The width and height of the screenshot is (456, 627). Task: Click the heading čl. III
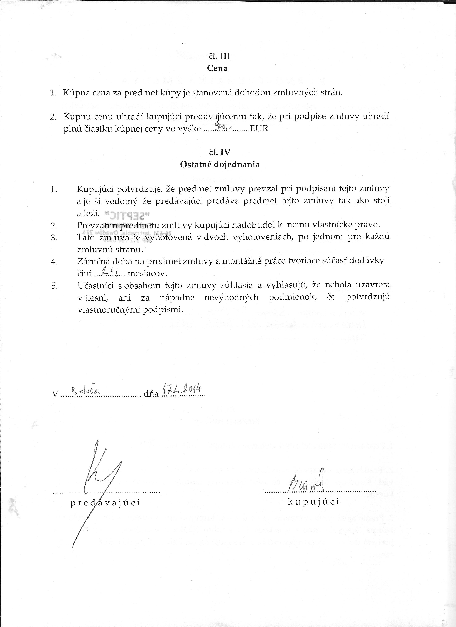[219, 56]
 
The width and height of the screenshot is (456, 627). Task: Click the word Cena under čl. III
[217, 68]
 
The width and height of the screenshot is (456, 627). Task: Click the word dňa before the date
[151, 394]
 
